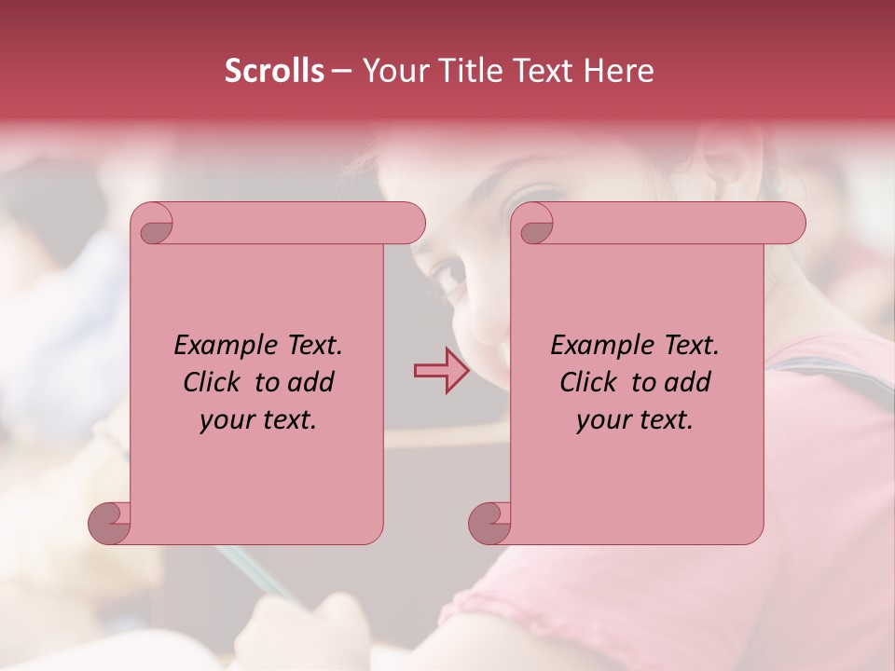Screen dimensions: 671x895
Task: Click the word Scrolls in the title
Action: pos(274,71)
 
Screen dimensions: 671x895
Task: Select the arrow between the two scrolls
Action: pos(442,370)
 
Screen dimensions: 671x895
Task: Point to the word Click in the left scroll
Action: pos(212,382)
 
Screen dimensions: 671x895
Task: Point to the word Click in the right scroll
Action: pos(588,382)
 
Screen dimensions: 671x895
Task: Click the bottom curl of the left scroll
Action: pos(109,522)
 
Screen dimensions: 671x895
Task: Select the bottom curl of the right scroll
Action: pos(489,522)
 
